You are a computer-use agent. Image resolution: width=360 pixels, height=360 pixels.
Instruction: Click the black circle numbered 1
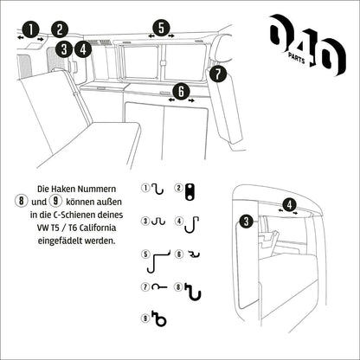[x=30, y=29]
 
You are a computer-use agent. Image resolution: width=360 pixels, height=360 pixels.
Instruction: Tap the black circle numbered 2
[x=59, y=29]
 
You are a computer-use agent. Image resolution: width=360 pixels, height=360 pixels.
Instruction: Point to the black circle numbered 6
[x=180, y=89]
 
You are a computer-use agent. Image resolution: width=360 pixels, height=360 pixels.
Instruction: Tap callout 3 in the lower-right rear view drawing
[x=247, y=222]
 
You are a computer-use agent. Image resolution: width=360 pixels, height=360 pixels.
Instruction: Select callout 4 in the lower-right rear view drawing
[x=290, y=205]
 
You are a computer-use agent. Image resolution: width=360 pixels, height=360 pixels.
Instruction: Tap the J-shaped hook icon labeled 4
[x=194, y=222]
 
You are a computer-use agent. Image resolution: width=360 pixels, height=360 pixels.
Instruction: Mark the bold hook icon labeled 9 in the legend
[x=157, y=320]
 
